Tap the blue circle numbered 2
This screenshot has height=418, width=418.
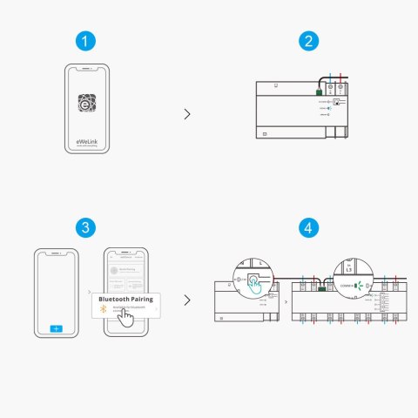307,41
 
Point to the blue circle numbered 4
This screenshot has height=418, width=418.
307,227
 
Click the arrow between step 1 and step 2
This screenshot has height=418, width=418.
187,113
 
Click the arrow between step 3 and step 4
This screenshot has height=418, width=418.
187,300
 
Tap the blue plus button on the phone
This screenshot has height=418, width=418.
57,328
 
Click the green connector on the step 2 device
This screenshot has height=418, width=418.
320,90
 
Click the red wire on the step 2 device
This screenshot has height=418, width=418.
340,80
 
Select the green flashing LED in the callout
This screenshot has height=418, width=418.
356,284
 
